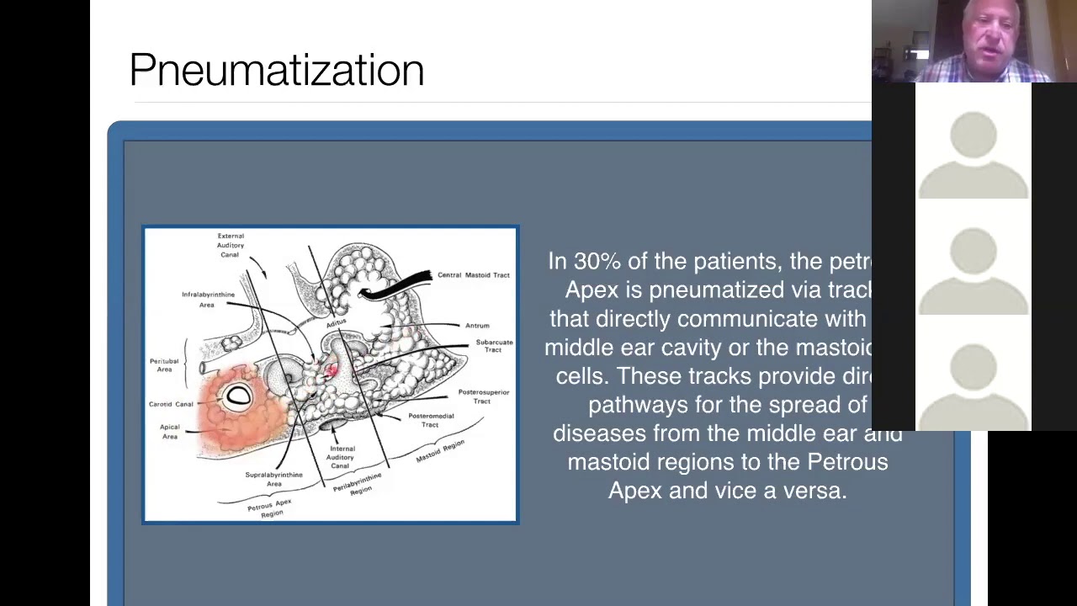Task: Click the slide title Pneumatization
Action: [x=276, y=70]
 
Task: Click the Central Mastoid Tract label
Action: [x=473, y=275]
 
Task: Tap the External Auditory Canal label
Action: [x=230, y=245]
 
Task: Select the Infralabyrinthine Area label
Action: [x=208, y=300]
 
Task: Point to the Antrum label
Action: [x=476, y=326]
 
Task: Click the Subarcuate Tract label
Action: [x=494, y=346]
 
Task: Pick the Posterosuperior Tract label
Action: [x=483, y=396]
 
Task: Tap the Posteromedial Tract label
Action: [x=431, y=420]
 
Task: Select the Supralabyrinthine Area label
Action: [x=273, y=479]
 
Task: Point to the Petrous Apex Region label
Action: [x=270, y=508]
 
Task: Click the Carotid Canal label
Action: [x=171, y=404]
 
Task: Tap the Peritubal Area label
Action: [x=164, y=364]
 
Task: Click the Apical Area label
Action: [x=170, y=431]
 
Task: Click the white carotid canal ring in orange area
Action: [x=239, y=396]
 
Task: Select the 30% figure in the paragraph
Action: [x=597, y=262]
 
